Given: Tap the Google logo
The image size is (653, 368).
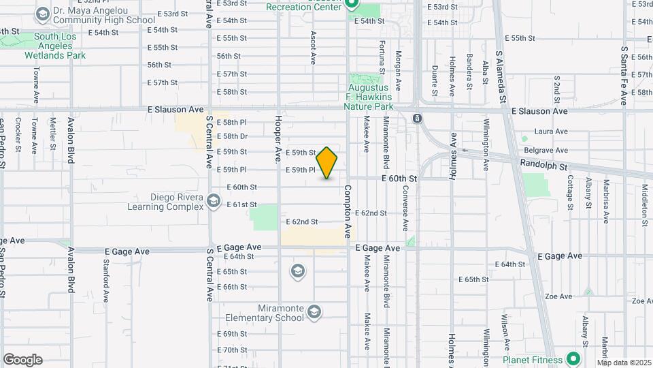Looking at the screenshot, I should point(22,360).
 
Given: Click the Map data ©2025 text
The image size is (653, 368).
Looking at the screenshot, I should point(624,362).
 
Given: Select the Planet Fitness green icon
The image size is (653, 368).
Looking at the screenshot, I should point(573,358).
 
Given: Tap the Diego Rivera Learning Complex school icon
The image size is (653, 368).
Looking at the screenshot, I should point(214,200).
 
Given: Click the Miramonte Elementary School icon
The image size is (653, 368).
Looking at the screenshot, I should point(314,312).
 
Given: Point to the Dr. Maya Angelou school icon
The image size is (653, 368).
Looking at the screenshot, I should point(43,14).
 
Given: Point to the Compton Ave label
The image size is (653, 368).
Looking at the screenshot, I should point(347,211).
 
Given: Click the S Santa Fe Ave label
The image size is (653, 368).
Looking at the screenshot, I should point(624,75).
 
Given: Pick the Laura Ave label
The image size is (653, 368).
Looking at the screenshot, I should point(551,131).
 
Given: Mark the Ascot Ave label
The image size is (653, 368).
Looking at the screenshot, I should point(313,47).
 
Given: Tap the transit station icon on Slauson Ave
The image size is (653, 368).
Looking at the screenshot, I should point(417,119).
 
